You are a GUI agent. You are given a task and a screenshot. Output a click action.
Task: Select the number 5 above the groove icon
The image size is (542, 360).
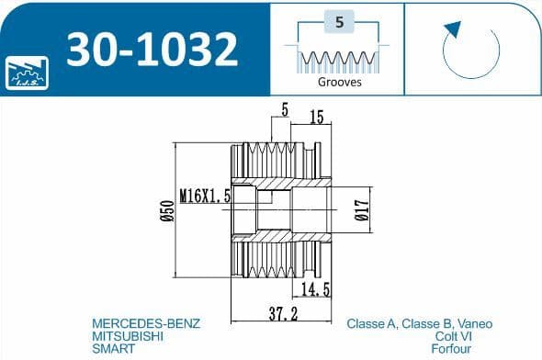pos(340,25)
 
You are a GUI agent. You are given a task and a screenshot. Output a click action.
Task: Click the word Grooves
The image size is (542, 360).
pos(340,81)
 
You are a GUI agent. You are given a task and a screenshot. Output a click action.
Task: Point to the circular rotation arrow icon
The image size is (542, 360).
pos(470,50)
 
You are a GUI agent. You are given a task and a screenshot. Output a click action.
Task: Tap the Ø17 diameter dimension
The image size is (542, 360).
pos(360,211)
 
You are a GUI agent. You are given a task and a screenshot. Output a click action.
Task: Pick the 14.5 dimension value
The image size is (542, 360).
pos(315,289)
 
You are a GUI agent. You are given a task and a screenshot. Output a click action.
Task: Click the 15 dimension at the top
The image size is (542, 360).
pos(315,117)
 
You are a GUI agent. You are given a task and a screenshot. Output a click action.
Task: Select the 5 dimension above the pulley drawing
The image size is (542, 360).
pos(285,109)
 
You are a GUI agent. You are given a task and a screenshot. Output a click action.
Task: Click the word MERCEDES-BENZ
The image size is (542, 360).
pos(146,324)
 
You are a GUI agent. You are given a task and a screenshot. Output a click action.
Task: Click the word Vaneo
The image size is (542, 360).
pos(473,324)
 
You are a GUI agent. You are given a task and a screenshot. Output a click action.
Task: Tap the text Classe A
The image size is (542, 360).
pos(371,324)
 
